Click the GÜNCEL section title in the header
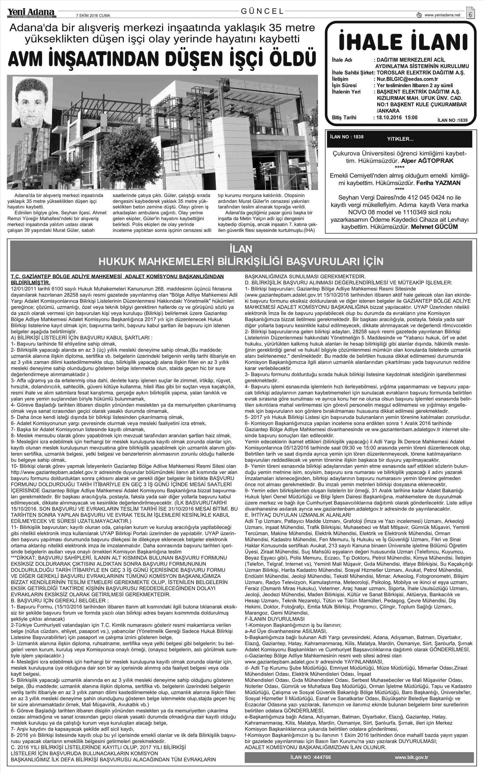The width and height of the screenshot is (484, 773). pos(262,11)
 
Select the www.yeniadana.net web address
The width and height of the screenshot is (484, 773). pos(442,15)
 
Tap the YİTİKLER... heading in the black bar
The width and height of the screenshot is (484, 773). pos(400,139)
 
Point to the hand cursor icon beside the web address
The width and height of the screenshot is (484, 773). pos(419,15)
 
